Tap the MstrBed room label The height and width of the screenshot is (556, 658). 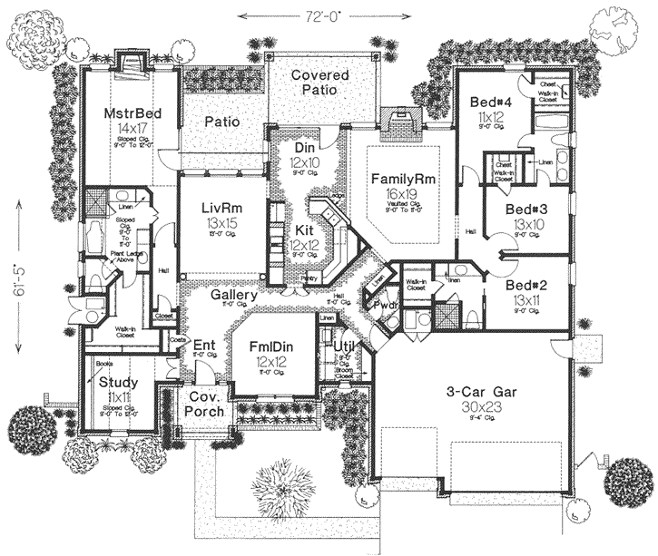(132, 112)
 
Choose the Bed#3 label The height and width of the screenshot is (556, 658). (525, 209)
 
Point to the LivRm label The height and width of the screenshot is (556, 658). (221, 207)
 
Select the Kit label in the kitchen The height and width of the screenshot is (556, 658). (302, 231)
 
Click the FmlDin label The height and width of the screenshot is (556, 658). (270, 346)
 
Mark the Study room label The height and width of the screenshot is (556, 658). (117, 382)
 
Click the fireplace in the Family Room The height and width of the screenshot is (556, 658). (397, 120)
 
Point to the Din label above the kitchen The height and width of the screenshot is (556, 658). (305, 147)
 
